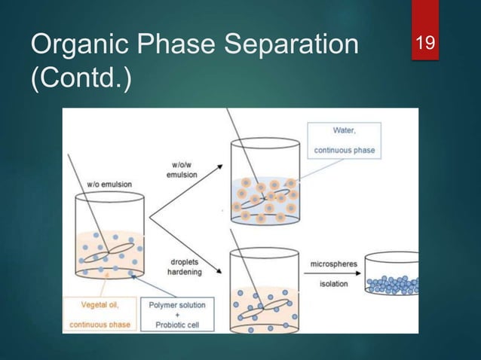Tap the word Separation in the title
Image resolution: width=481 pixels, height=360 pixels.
coord(295,46)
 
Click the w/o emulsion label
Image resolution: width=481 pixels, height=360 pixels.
coord(111,182)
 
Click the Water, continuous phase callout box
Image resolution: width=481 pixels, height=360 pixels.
coord(343,140)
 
